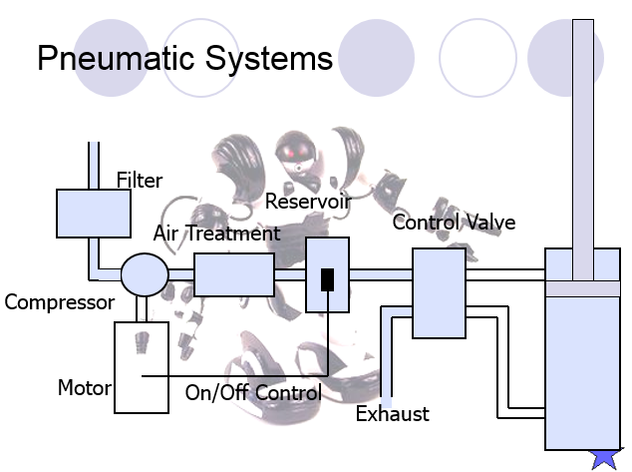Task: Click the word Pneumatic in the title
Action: (116, 58)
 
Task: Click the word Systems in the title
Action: (269, 58)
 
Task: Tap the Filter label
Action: (140, 180)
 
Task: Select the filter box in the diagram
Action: (94, 214)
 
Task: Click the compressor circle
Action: (145, 274)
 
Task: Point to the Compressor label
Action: (60, 302)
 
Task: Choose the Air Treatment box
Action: (234, 274)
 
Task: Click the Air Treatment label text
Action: (217, 234)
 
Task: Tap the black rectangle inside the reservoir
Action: (327, 279)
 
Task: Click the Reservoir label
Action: (308, 201)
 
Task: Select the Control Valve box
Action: (439, 293)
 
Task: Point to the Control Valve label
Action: (454, 223)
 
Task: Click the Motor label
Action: (85, 388)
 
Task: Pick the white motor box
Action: (142, 367)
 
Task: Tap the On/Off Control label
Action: (253, 392)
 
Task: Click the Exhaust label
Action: (393, 414)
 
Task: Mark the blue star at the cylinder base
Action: (606, 459)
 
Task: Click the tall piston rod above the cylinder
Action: (583, 150)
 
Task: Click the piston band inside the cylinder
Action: (583, 289)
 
